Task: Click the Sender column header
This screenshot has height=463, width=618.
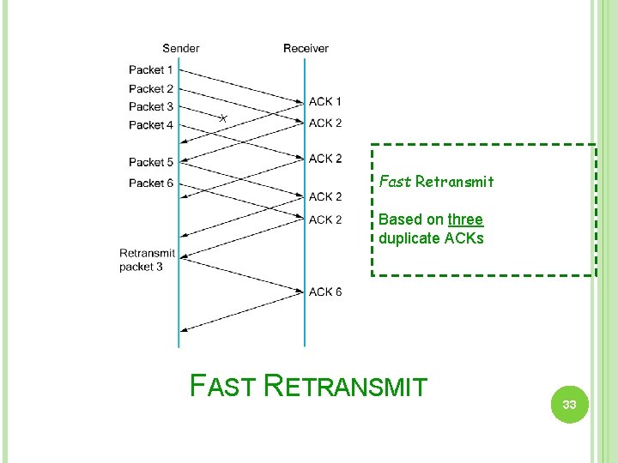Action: (181, 48)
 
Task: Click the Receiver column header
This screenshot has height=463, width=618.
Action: (306, 48)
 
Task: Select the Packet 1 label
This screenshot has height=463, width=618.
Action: (151, 69)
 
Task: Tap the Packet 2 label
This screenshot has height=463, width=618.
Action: (151, 88)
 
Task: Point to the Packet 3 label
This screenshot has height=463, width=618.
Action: (151, 106)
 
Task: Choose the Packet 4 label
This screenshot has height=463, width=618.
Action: (151, 125)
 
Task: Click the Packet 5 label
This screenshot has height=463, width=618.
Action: (151, 162)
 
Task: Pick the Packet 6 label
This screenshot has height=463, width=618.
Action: (151, 183)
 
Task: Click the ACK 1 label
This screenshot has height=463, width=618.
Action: (325, 102)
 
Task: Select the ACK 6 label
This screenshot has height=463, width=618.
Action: (325, 292)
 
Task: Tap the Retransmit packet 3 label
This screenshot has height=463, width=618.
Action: (147, 260)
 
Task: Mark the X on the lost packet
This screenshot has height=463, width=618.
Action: (222, 117)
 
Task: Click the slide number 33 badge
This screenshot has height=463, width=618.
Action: (569, 404)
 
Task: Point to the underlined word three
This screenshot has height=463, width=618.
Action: (465, 219)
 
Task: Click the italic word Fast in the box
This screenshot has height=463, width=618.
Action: (395, 182)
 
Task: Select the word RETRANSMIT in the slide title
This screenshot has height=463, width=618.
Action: (346, 387)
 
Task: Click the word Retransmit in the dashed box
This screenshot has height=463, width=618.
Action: (455, 182)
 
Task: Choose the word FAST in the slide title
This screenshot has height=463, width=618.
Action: (222, 387)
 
